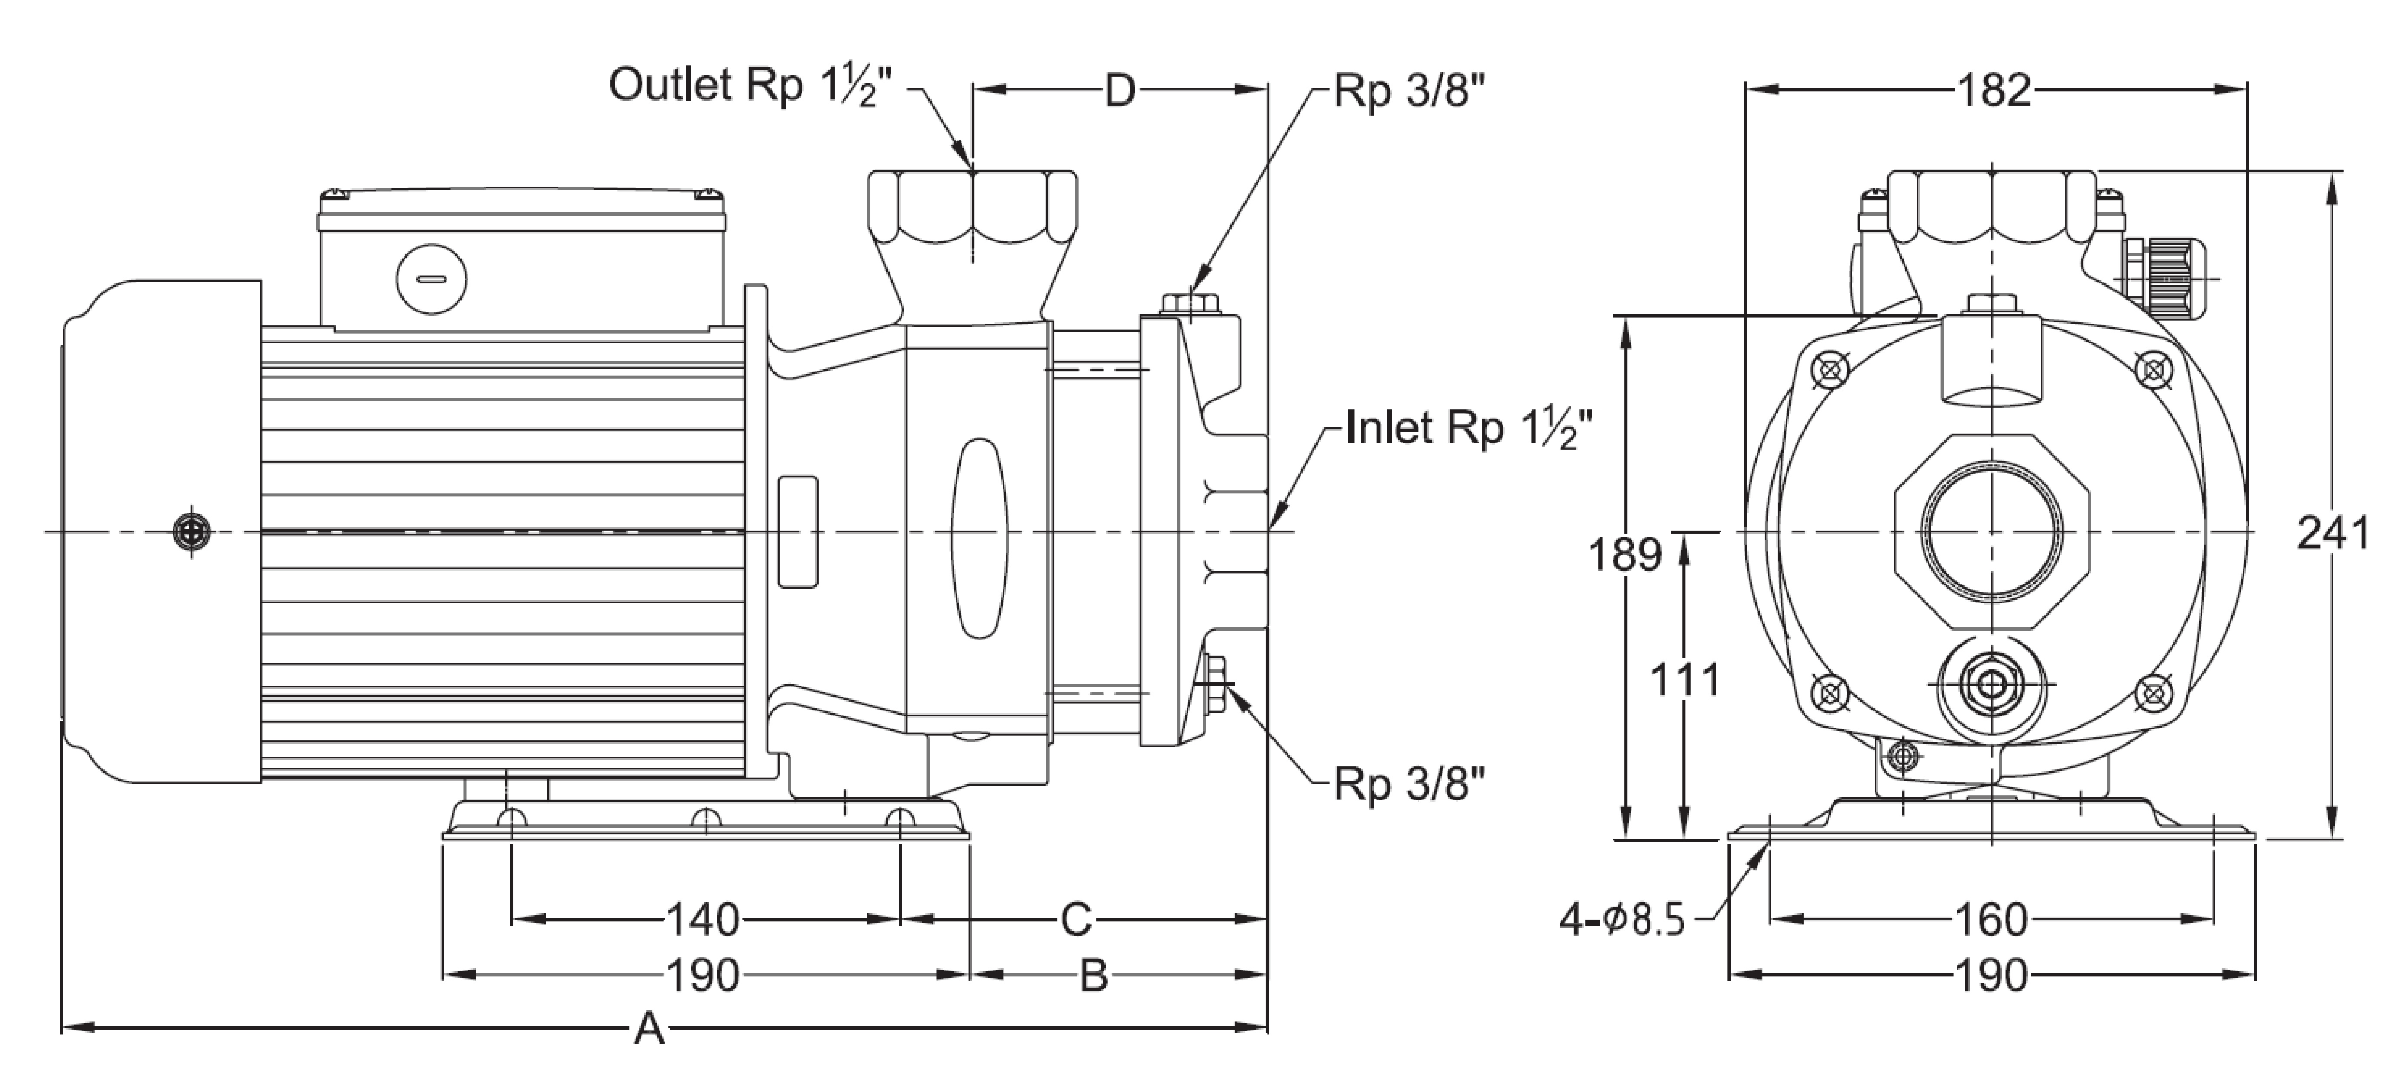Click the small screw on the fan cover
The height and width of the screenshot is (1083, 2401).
point(192,532)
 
